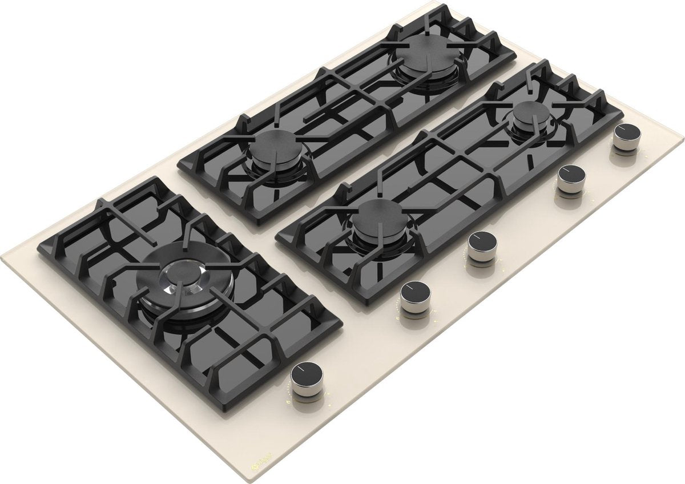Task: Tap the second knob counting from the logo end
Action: click(x=416, y=294)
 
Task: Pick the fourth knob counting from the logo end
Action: click(x=571, y=176)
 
